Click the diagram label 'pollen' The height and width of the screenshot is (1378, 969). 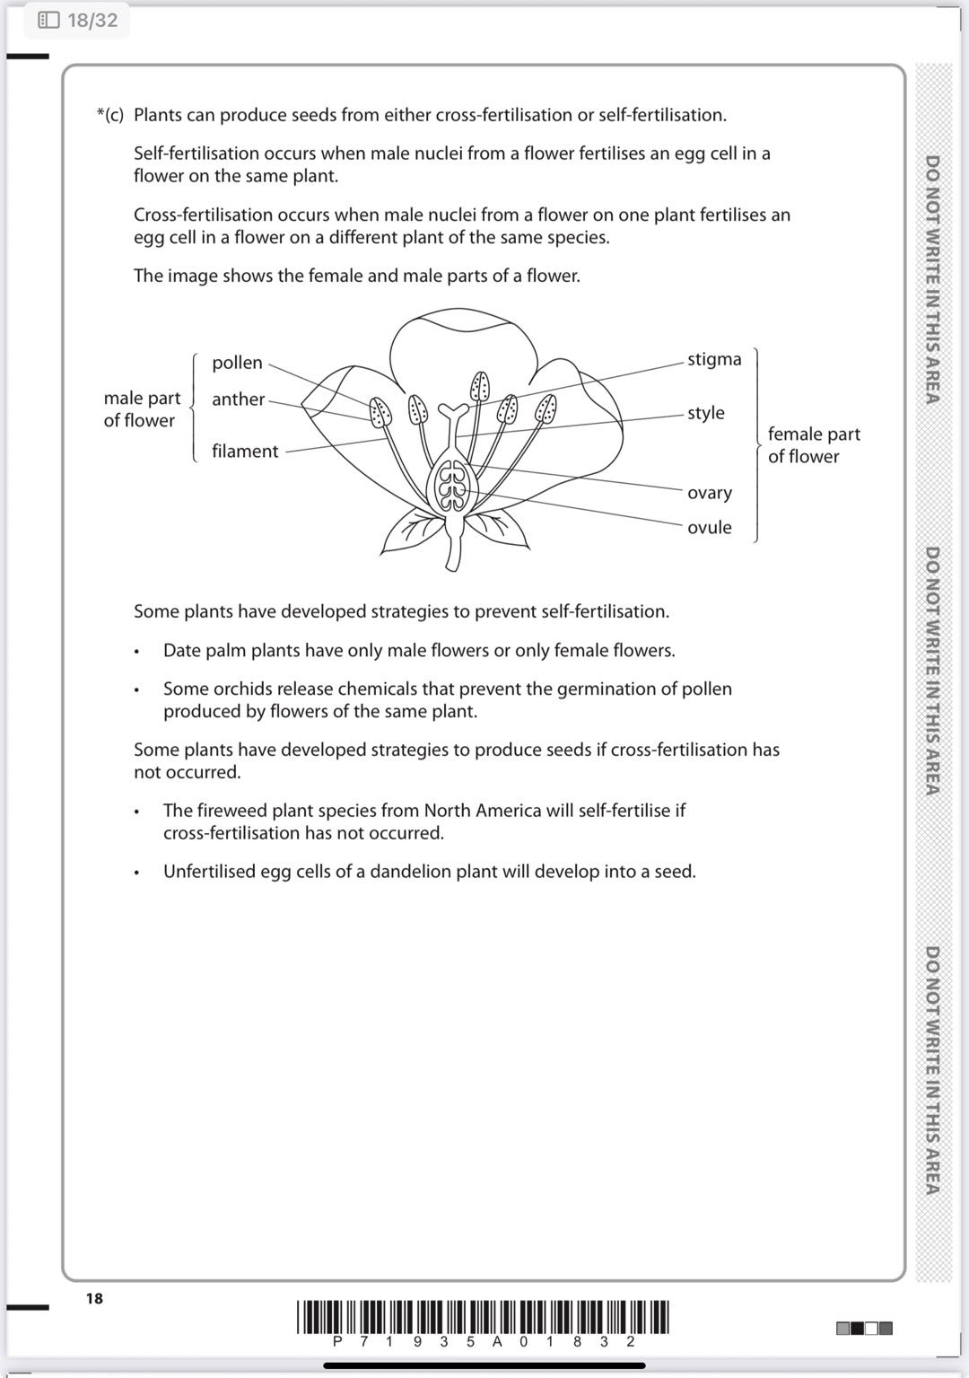coord(237,363)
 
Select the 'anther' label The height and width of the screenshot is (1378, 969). coord(238,399)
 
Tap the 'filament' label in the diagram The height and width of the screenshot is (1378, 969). coord(245,452)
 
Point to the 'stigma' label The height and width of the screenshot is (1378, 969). coord(714,359)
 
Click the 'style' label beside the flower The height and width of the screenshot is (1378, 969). coord(705,413)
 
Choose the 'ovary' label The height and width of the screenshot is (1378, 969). coord(709,493)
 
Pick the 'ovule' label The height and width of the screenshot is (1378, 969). coord(709,528)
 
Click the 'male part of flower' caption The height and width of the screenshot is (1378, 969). coord(141,409)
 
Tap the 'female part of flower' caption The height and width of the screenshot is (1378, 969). coord(813,445)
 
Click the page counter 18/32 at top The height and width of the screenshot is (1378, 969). coord(79,20)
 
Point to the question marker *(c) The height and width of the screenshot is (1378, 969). coord(109,115)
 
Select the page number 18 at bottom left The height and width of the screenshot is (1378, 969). coord(94,1298)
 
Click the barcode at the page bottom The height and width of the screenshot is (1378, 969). coord(483,1318)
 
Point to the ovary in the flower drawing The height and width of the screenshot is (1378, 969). coord(453,486)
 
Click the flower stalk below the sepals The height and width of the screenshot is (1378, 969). coord(453,548)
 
